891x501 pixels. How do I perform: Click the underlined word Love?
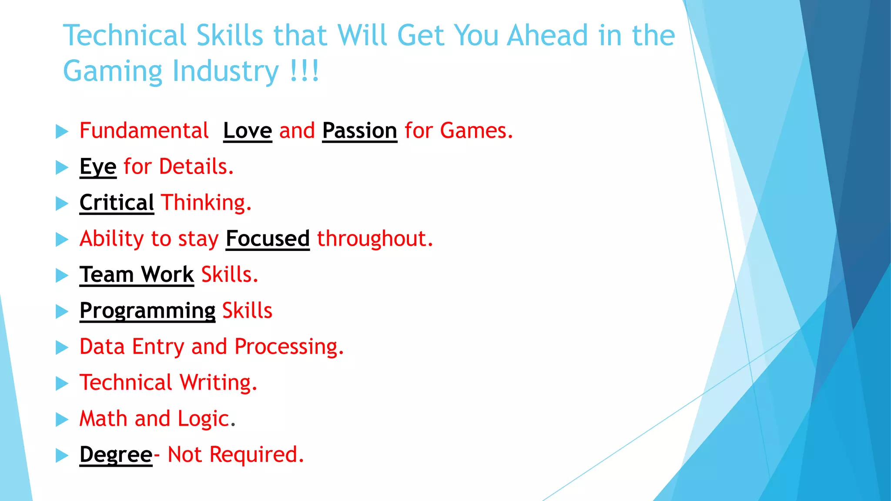[x=248, y=130]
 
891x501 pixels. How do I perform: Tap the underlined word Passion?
[x=359, y=130]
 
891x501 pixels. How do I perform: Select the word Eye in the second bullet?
[x=98, y=167]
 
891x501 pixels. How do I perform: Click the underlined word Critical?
[x=117, y=203]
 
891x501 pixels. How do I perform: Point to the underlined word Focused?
[x=268, y=239]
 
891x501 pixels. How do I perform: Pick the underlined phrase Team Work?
[x=137, y=274]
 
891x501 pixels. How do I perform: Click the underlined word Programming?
[x=147, y=311]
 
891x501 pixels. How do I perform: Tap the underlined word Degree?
[x=116, y=454]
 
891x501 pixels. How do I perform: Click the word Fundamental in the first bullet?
[x=144, y=130]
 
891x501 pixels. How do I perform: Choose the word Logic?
[x=203, y=419]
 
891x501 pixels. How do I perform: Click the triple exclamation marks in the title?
[x=305, y=71]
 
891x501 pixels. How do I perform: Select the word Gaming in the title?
[x=113, y=71]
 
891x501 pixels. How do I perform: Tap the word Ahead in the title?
[x=547, y=35]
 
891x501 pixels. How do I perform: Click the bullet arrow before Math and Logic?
[x=62, y=420]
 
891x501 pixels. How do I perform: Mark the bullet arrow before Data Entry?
[x=62, y=347]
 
